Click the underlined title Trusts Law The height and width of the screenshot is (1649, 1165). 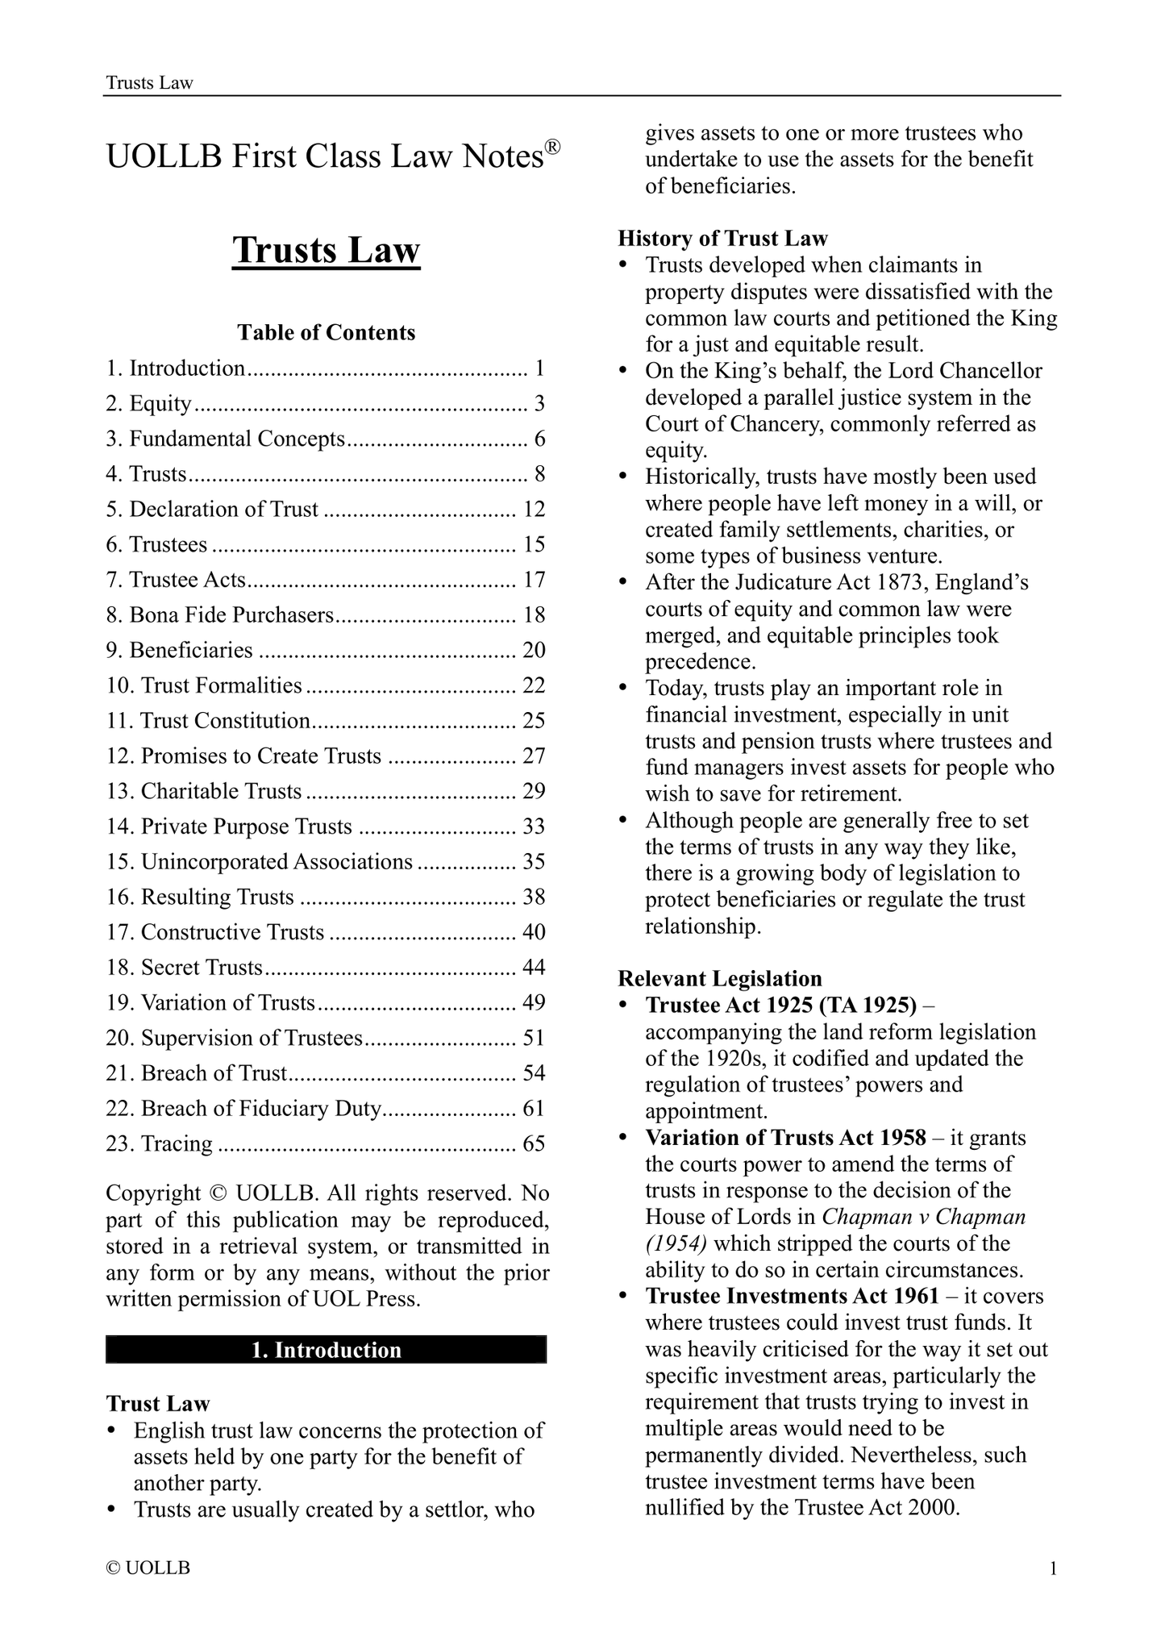[327, 250]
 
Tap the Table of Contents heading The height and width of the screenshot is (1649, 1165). [327, 333]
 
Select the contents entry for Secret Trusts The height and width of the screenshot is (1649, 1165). [185, 968]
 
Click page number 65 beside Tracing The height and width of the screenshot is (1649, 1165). [534, 1144]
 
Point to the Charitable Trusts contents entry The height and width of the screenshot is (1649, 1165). [204, 791]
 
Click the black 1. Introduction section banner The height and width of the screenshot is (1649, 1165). [327, 1350]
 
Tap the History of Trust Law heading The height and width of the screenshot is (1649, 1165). [722, 239]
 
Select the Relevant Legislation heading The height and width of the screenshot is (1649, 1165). [720, 979]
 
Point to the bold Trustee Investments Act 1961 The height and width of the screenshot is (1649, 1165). [792, 1296]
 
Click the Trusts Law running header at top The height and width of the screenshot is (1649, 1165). [150, 83]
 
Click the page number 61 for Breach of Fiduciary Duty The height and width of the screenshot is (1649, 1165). [534, 1109]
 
